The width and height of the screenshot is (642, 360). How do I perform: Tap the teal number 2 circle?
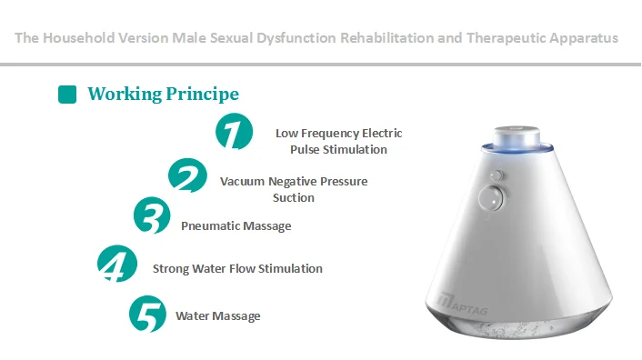click(187, 175)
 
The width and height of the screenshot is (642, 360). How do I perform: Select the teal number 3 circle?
click(150, 216)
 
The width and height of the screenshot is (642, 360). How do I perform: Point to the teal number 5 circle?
click(146, 314)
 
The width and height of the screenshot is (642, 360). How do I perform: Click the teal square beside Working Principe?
click(66, 94)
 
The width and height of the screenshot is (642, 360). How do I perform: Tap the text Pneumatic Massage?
click(236, 225)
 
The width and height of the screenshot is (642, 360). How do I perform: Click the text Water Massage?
click(218, 315)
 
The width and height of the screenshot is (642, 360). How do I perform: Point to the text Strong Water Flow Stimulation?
click(237, 268)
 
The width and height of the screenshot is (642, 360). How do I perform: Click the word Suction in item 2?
click(294, 197)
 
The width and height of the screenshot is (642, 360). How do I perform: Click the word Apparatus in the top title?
click(581, 38)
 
